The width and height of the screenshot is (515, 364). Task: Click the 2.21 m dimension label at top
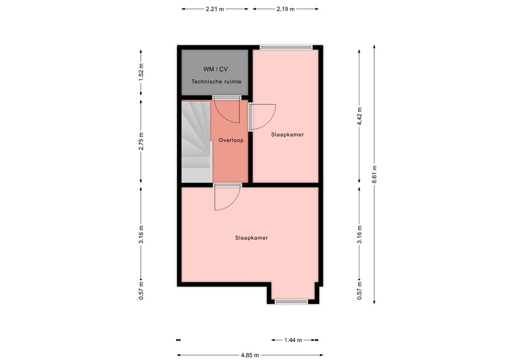pyautogui.click(x=215, y=9)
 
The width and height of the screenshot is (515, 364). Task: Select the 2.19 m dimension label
pyautogui.click(x=285, y=9)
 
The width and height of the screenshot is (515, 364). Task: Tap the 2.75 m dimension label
pyautogui.click(x=141, y=141)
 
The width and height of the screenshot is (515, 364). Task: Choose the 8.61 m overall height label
pyautogui.click(x=374, y=174)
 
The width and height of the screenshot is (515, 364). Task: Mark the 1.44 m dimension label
pyautogui.click(x=293, y=340)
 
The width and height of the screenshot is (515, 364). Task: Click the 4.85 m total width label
pyautogui.click(x=249, y=354)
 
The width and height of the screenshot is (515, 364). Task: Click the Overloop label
pyautogui.click(x=231, y=140)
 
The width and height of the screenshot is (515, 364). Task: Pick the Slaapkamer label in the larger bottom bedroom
pyautogui.click(x=251, y=238)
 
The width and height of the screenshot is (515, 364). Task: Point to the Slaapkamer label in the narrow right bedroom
pyautogui.click(x=287, y=135)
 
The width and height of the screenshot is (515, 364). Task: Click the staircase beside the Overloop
pyautogui.click(x=196, y=141)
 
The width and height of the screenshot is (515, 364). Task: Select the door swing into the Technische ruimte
pyautogui.click(x=226, y=111)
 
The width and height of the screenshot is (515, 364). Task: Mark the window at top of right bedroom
pyautogui.click(x=286, y=47)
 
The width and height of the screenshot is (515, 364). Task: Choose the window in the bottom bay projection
pyautogui.click(x=292, y=301)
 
